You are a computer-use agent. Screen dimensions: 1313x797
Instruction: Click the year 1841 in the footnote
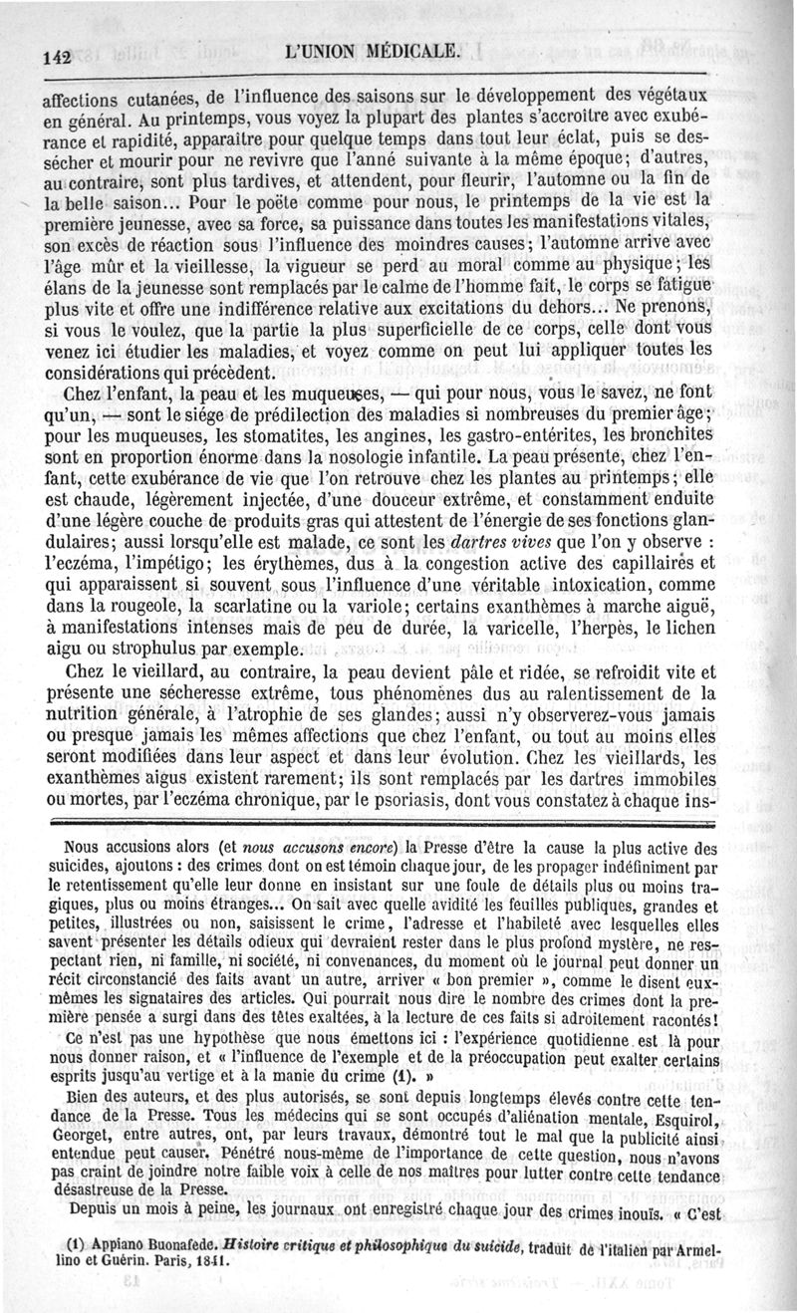pos(202,1259)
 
